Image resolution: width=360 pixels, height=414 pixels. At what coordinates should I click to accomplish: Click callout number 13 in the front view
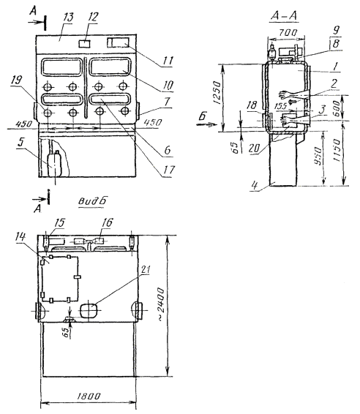point(68,18)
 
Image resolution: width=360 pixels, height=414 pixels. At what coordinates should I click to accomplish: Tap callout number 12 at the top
point(93,17)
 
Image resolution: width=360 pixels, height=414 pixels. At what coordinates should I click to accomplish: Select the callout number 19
point(17,80)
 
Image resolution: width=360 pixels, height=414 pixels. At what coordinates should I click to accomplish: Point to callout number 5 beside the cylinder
point(22,143)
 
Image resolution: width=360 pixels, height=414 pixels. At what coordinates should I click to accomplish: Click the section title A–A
point(284,16)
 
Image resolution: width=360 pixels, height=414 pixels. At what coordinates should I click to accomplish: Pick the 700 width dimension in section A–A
point(288,33)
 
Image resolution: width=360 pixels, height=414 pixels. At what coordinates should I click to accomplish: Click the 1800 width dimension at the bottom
point(89,396)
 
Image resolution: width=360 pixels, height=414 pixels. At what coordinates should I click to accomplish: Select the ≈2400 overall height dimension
point(160,304)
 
